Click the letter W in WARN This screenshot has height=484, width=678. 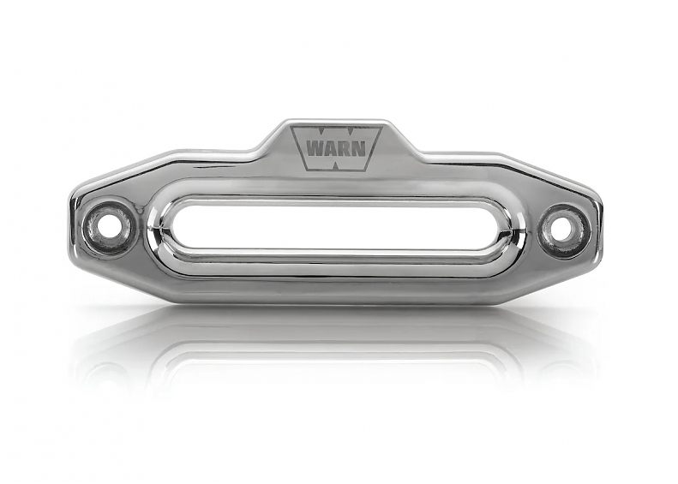point(315,149)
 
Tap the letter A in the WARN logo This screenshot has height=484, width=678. point(331,149)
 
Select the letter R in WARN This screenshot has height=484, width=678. point(345,149)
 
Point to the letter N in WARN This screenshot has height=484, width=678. point(359,149)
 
